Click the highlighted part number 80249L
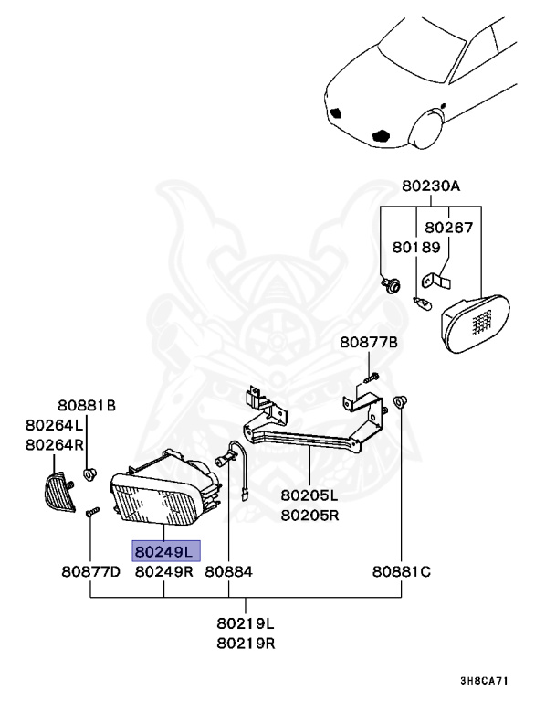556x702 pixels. click(164, 552)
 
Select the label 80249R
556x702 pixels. click(164, 572)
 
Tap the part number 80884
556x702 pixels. click(228, 572)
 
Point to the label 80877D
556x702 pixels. click(91, 572)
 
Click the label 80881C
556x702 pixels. click(401, 572)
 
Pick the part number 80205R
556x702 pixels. click(309, 515)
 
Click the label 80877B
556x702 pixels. click(370, 343)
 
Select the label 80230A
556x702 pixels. click(431, 186)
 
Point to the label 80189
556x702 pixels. click(416, 247)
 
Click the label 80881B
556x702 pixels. click(88, 406)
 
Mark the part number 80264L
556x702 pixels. click(55, 425)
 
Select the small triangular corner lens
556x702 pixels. click(59, 493)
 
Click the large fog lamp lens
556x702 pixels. click(155, 506)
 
